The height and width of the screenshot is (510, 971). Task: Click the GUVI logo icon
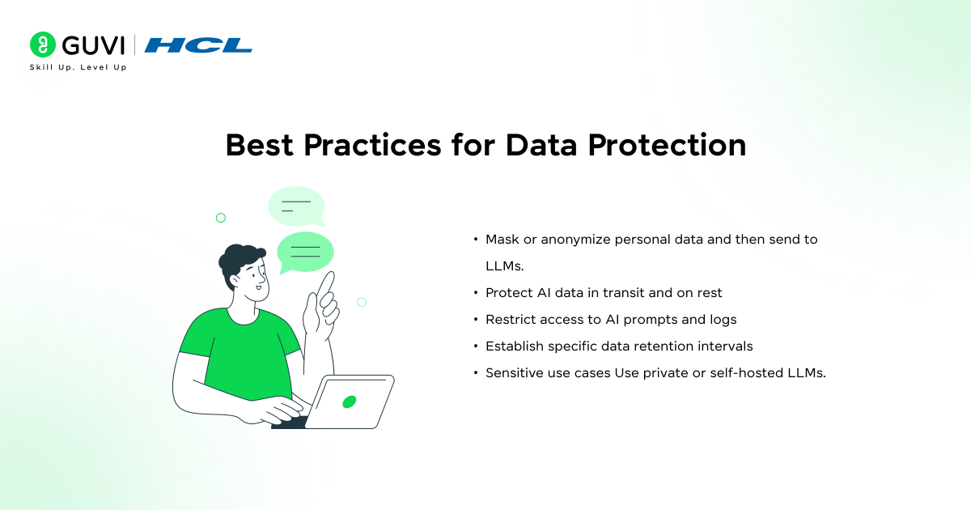coord(42,45)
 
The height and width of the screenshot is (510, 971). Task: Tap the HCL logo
coord(198,45)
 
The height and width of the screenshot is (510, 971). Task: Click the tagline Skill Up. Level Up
coord(78,67)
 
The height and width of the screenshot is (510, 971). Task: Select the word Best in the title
coord(261,145)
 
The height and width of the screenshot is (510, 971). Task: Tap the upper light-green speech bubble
coord(295,206)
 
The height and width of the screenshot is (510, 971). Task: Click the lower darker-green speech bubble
coord(305,251)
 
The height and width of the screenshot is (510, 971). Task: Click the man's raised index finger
coord(327,283)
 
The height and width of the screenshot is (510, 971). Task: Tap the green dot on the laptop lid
coord(350,402)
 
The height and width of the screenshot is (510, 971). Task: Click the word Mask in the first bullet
coord(502,240)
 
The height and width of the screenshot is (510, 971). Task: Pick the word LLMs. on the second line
coord(505,266)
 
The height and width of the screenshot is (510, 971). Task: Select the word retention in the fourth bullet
coord(668,346)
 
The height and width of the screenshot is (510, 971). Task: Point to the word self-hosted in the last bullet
coord(753,372)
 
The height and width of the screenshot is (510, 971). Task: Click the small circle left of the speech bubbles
coord(220,218)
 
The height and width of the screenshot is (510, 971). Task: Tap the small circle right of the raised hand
coord(362,302)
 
